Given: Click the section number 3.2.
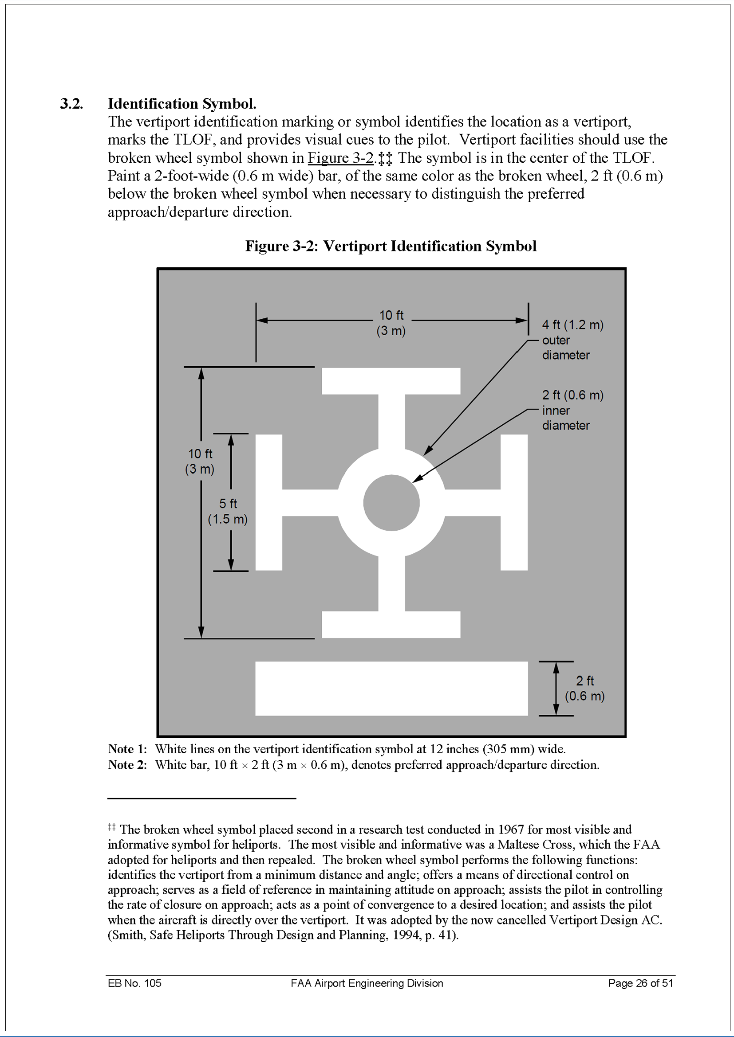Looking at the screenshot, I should pos(71,104).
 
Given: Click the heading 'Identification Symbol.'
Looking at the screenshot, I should pos(182,104).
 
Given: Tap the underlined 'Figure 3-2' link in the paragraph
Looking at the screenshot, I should pos(340,158).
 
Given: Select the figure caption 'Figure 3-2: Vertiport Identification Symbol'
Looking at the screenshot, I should pos(391,246).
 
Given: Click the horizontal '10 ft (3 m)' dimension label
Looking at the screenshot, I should pos(391,322).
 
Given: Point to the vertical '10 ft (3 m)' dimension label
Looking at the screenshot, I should pos(200,461).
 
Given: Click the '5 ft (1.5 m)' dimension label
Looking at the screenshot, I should pos(228,511).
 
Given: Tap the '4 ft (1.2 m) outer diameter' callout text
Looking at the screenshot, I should pos(572,340).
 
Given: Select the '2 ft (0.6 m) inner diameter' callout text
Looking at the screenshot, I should pos(572,410).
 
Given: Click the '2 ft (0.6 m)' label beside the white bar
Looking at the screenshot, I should pos(584,689).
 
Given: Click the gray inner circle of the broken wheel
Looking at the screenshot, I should pos(391,503).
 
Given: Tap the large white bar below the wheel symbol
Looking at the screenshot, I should pos(391,689).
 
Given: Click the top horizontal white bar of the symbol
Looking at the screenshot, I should pos(391,381).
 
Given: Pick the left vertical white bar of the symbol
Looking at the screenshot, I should pos(269,503).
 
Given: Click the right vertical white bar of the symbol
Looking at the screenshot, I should pos(514,503).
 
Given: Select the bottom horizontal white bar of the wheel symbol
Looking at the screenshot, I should pos(391,624).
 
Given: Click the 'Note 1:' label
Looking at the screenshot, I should pos(127,749).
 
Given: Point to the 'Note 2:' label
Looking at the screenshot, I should pos(127,765).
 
